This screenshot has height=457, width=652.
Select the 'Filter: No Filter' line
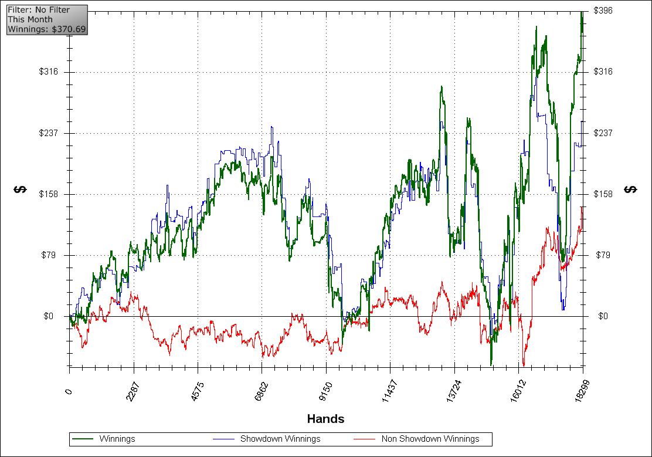(39, 10)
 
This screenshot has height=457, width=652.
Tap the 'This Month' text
(30, 19)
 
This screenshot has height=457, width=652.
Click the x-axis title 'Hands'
(325, 419)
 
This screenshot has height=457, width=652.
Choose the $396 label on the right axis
(603, 11)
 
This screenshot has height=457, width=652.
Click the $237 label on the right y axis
(603, 133)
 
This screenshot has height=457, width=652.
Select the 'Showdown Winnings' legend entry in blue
(280, 439)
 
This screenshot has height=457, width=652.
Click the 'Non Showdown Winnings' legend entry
(430, 439)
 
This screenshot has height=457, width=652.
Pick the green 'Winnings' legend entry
(117, 439)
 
